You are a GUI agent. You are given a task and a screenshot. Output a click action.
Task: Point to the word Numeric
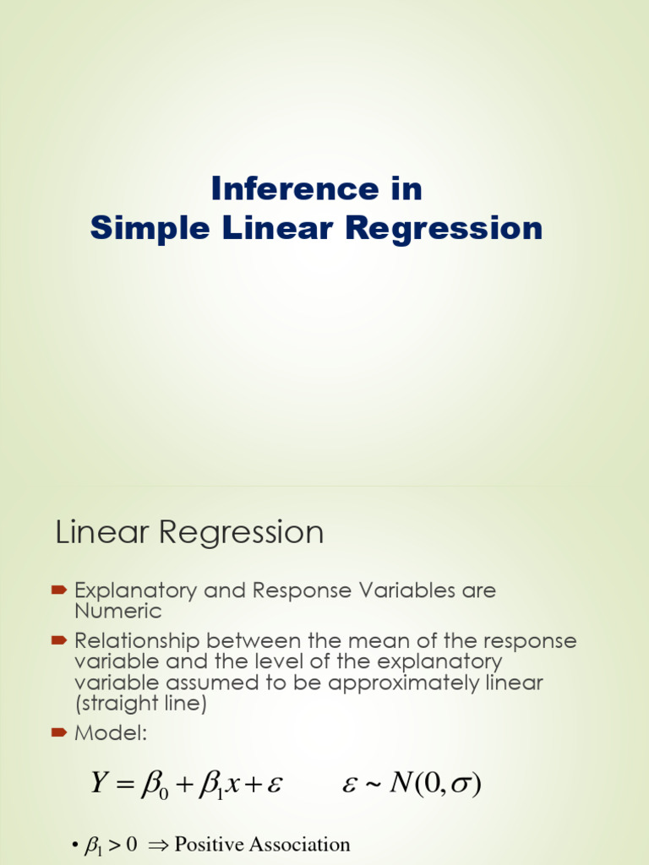point(117,610)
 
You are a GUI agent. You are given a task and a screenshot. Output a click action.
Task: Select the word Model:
point(111,734)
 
